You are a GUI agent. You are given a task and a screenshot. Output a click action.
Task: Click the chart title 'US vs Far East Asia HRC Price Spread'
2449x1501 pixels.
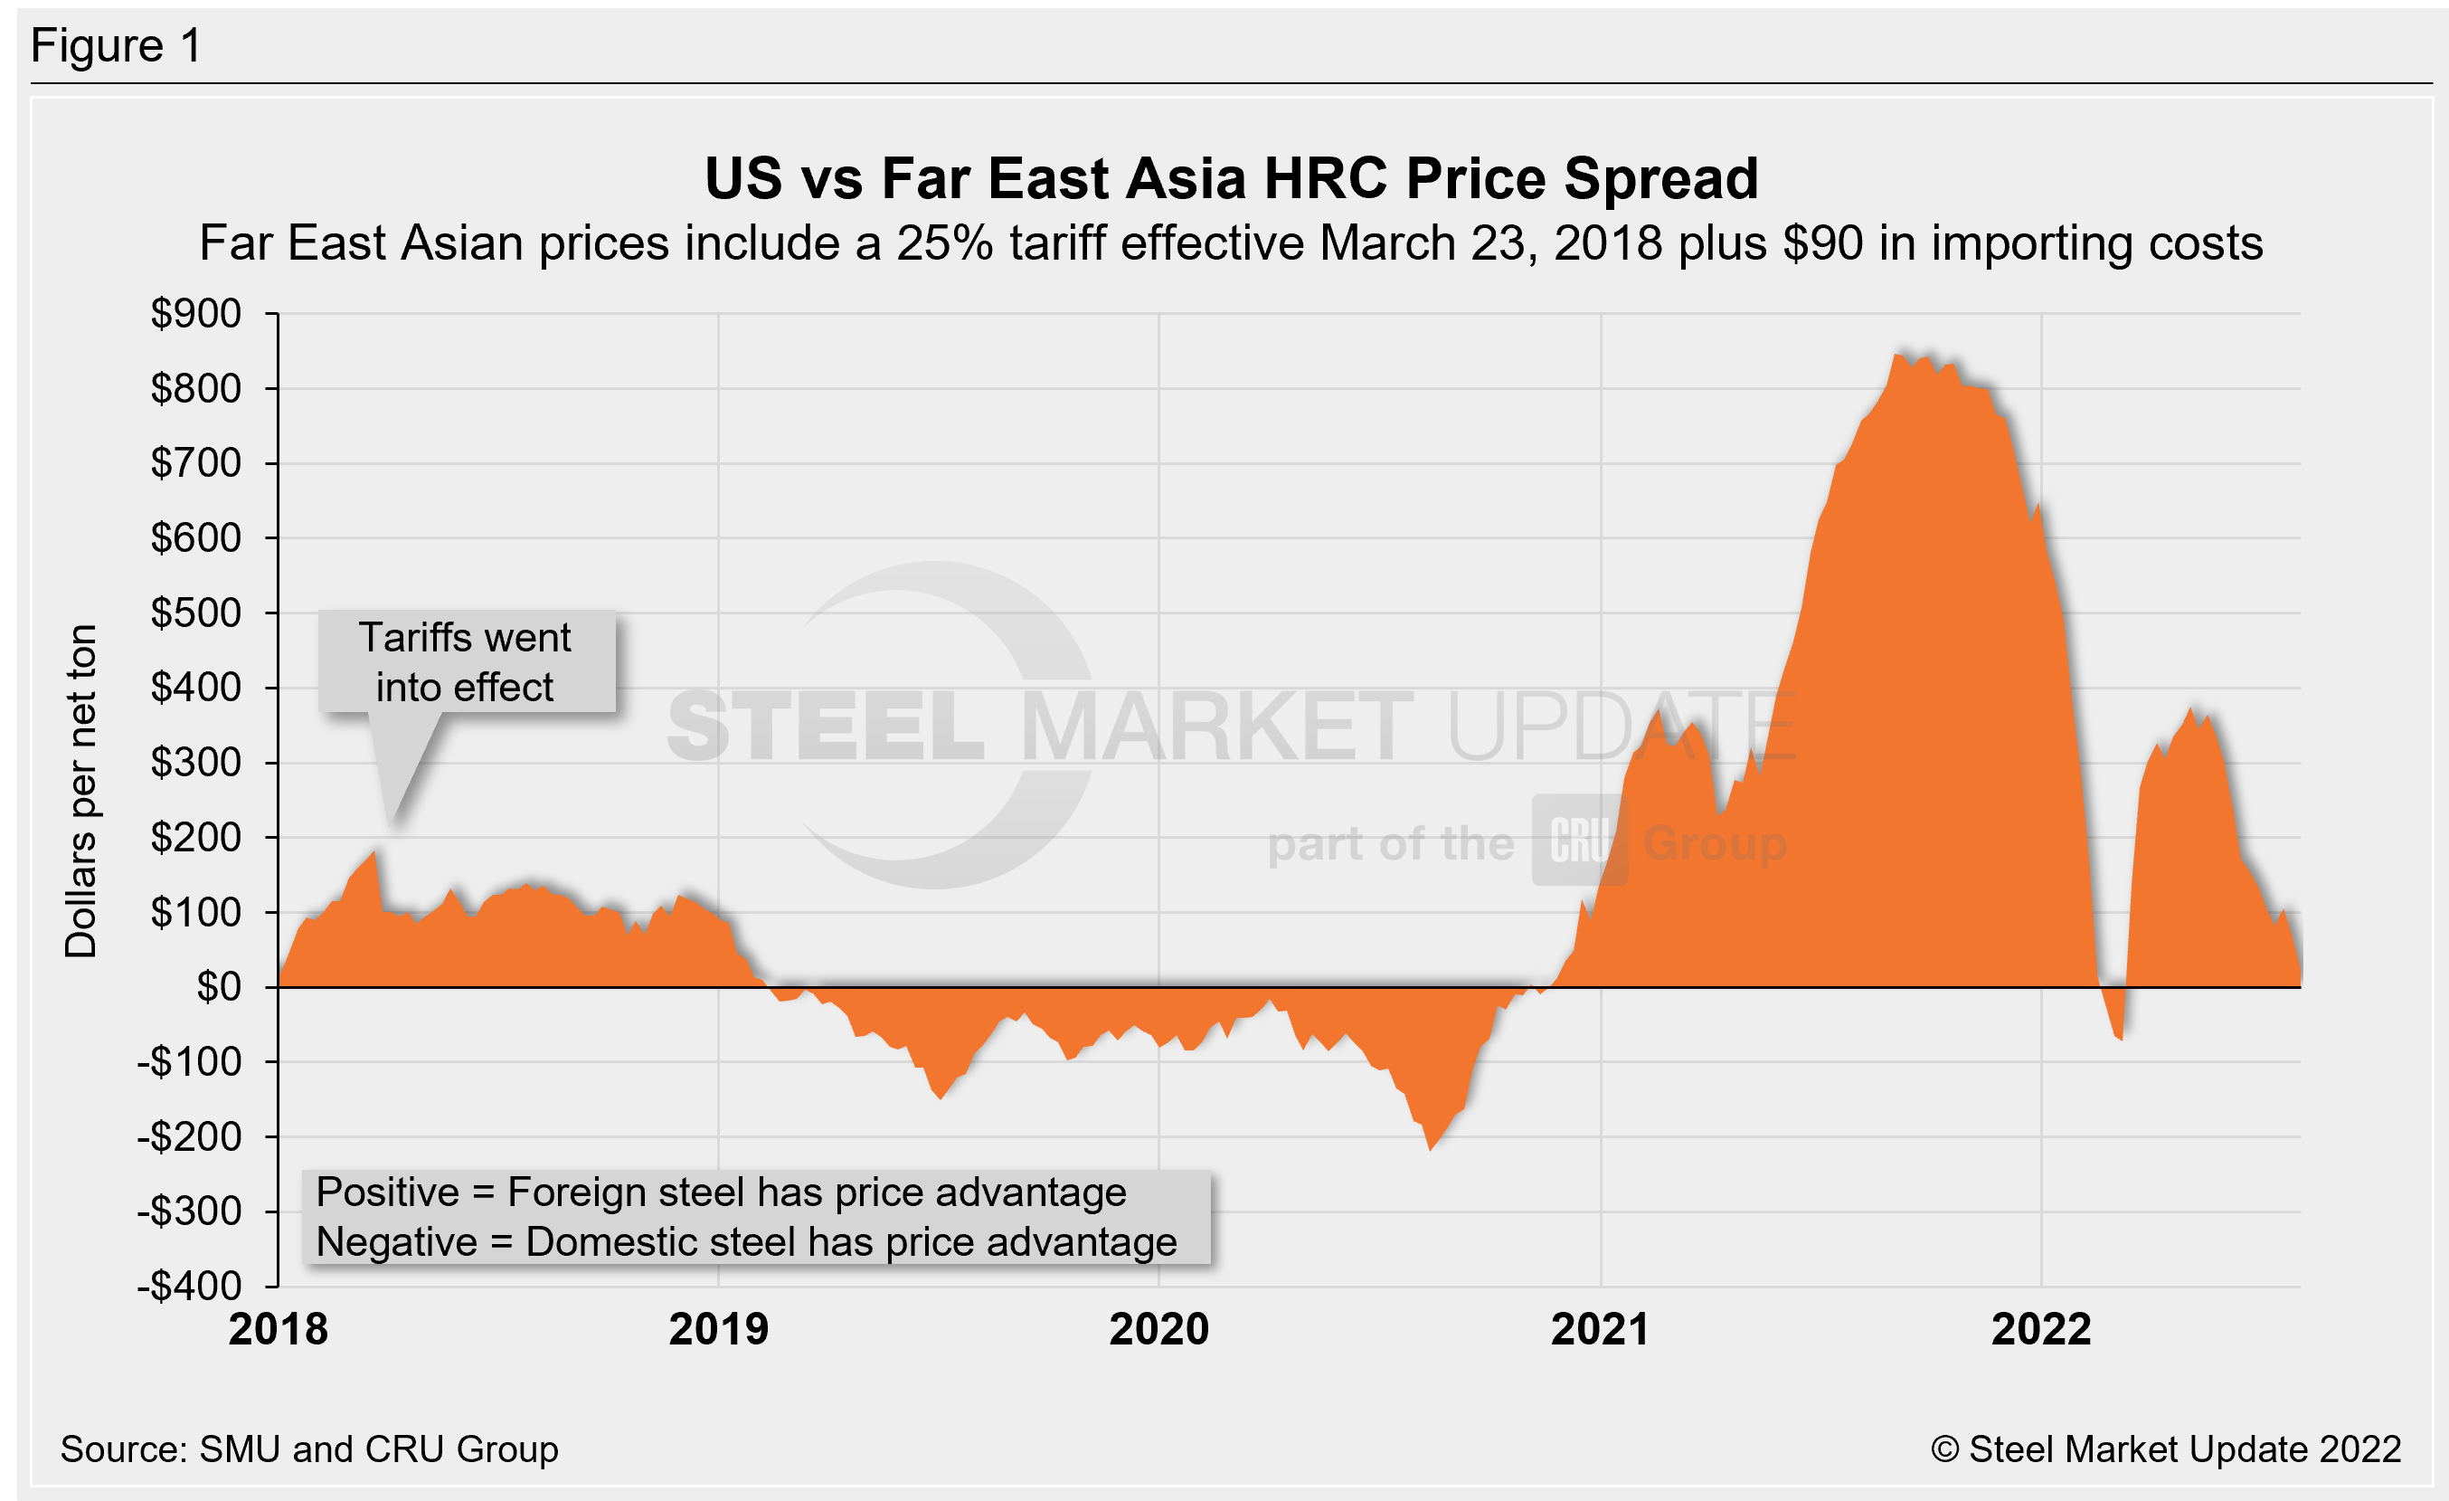click(1231, 179)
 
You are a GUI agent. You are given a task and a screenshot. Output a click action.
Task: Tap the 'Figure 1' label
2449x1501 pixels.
click(117, 46)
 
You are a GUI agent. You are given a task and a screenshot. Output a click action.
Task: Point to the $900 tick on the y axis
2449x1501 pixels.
click(196, 314)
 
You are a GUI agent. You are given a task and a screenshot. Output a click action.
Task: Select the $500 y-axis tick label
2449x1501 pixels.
click(196, 613)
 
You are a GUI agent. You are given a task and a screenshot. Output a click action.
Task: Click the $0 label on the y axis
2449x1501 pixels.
click(219, 987)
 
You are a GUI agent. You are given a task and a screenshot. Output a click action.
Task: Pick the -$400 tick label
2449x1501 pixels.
click(189, 1287)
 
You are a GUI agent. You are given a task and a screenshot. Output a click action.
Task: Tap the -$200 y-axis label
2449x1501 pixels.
click(189, 1137)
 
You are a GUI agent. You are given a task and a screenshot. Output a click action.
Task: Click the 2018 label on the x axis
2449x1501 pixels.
click(279, 1330)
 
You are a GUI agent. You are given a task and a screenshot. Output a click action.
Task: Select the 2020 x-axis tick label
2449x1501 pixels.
click(1158, 1330)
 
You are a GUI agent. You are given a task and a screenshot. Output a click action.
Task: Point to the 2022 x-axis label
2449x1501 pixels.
click(2041, 1330)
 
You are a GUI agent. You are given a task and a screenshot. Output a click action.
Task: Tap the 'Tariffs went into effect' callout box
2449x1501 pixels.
click(465, 662)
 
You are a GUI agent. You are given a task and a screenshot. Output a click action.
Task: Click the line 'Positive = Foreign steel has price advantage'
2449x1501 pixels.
click(721, 1192)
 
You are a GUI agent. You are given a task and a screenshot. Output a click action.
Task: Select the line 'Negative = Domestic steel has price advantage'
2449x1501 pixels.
click(745, 1242)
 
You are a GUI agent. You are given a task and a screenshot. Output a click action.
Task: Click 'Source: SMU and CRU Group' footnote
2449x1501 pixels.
click(309, 1449)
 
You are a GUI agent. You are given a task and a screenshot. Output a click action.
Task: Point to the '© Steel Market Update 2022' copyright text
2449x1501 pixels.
click(2166, 1449)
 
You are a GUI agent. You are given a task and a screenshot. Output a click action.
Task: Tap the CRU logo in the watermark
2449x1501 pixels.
click(1578, 841)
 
